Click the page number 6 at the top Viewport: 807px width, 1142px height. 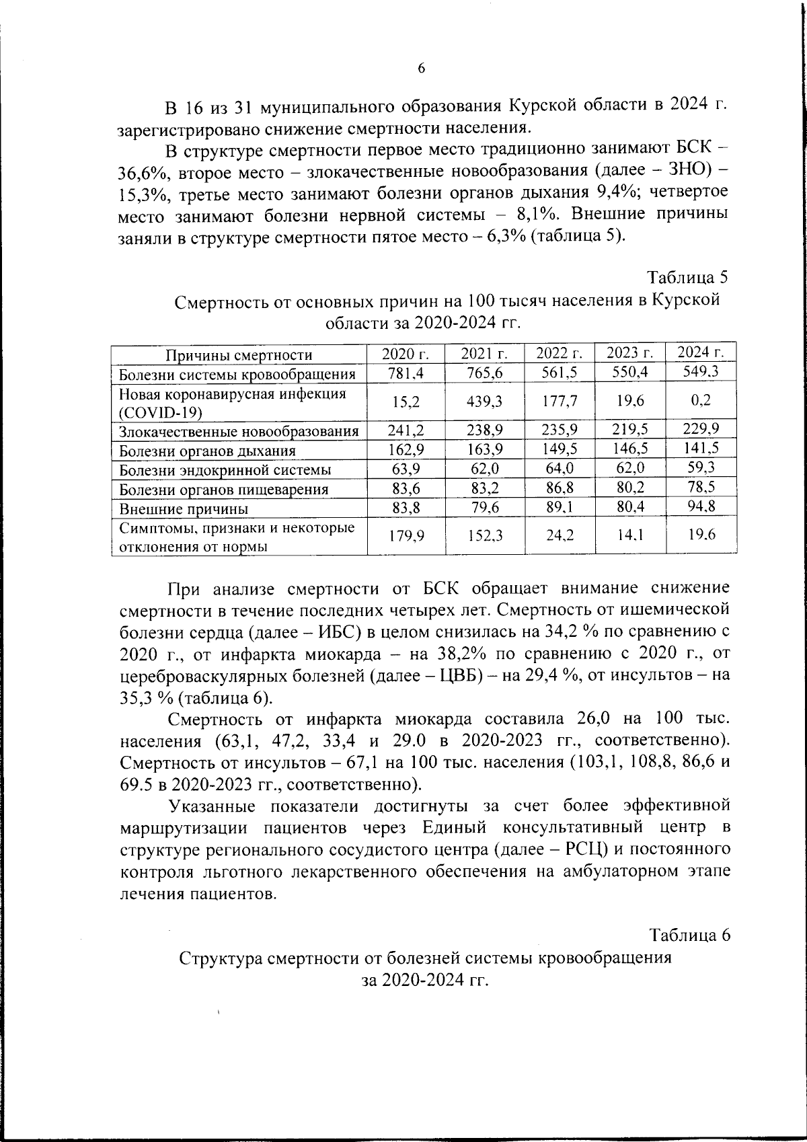coord(422,69)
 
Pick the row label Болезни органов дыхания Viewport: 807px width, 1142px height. coord(207,451)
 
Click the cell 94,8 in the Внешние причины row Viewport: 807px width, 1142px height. coord(701,506)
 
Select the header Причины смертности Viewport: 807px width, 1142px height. coord(239,355)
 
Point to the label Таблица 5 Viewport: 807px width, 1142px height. coord(687,277)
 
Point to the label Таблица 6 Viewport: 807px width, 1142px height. coord(689,935)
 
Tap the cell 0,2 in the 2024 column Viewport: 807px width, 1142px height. coord(701,400)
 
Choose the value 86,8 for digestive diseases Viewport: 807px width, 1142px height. coord(559,488)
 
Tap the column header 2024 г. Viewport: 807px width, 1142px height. coord(701,352)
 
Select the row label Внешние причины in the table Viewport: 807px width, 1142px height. coord(183,509)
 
